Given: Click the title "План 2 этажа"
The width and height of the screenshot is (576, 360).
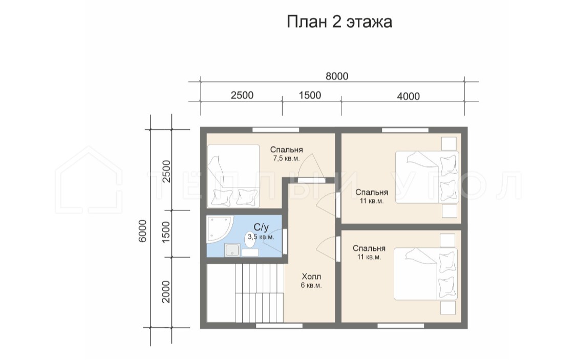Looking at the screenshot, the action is coord(339,22).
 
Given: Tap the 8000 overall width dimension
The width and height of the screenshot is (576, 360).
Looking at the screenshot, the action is coord(337,76).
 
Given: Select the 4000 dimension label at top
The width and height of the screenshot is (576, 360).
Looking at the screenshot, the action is coord(408,96).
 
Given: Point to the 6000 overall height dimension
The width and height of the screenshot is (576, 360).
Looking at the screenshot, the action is coord(142,230).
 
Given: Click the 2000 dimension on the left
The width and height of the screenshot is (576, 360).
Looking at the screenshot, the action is coord(166,292).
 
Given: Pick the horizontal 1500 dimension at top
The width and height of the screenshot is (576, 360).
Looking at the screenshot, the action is coord(310,95).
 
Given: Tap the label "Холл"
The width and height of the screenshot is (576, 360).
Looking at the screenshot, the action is coord(311,277).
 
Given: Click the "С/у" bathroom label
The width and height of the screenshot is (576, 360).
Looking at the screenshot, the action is coord(261,227).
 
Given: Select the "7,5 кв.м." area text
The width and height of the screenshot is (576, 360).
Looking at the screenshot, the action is coord(287,158).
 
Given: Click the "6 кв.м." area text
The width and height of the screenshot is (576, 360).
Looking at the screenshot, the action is coord(311,285).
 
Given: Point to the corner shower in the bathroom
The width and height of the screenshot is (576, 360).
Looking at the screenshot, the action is coord(219,229).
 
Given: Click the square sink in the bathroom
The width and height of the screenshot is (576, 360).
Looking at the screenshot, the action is coord(232,250).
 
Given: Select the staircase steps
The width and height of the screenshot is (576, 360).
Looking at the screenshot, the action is coord(245,293).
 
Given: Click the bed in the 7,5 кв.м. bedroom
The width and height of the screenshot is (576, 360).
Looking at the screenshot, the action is coord(233,176).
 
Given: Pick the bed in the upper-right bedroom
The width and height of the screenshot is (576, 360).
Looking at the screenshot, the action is coord(427,177).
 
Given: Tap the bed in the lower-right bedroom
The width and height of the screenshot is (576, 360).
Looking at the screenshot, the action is coord(425,274).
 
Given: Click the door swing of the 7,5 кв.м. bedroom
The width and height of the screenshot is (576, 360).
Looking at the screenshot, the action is coord(310,166).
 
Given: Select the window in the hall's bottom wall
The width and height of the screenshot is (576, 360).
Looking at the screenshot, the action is coord(279,326).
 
